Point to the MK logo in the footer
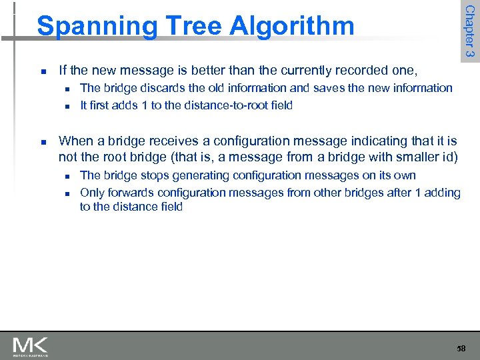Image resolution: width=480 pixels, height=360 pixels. (x=30, y=346)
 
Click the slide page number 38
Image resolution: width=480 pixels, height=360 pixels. (x=461, y=349)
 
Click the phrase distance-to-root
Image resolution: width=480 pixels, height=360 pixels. (x=205, y=105)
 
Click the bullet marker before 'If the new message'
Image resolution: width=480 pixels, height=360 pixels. (x=42, y=71)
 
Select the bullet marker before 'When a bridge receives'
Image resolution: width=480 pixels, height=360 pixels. (x=42, y=141)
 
